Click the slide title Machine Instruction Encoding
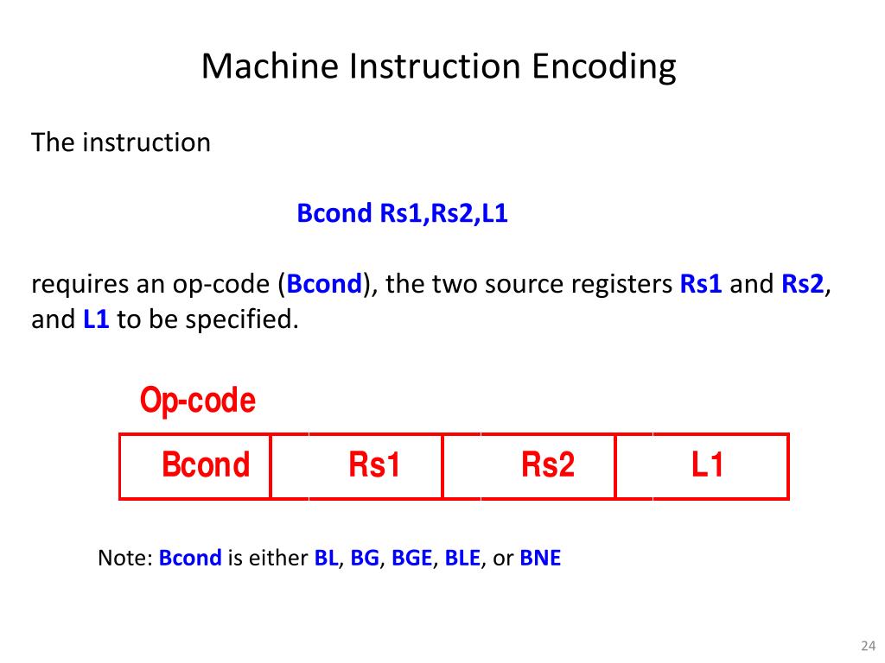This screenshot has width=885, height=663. (438, 66)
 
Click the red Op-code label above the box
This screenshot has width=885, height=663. (198, 401)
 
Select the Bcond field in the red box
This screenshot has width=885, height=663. (205, 465)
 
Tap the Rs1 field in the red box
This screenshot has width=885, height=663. (374, 465)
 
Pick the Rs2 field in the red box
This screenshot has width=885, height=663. (547, 465)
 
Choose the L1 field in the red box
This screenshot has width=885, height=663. (706, 465)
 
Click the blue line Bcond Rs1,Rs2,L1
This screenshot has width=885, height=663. (402, 214)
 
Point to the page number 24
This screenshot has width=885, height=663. (868, 646)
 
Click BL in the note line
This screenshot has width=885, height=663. (326, 558)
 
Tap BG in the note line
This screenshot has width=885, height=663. (365, 558)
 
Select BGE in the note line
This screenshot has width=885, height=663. (411, 558)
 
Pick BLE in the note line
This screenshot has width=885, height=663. (462, 558)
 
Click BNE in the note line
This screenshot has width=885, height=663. (540, 558)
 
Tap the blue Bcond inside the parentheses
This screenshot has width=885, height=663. (324, 284)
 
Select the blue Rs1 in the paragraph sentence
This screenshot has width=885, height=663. (701, 284)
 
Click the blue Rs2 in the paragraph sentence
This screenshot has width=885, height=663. (803, 284)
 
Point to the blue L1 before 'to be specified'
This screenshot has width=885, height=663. (96, 319)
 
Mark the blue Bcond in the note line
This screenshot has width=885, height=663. (190, 558)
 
